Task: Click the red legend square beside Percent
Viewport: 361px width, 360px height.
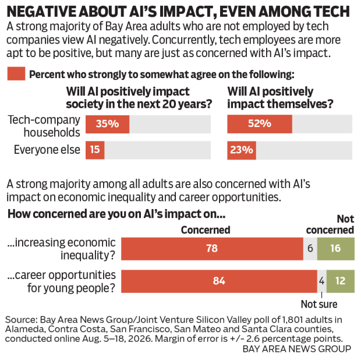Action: click(16, 74)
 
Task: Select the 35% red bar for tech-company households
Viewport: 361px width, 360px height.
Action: click(108, 124)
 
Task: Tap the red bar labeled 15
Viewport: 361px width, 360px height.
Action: click(95, 150)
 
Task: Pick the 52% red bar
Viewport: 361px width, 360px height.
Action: click(260, 124)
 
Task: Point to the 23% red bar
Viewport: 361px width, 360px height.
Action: click(242, 150)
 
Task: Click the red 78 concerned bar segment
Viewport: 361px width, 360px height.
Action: click(212, 249)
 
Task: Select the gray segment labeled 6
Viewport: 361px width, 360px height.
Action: click(310, 249)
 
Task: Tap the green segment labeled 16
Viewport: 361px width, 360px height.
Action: click(336, 249)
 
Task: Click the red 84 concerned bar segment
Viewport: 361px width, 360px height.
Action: click(219, 281)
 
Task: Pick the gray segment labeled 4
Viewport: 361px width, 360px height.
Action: click(322, 281)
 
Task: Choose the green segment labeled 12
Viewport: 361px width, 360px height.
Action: click(341, 281)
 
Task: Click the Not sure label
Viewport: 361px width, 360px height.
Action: click(319, 304)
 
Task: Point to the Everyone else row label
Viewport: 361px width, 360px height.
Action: click(47, 150)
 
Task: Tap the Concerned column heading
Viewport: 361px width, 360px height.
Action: click(206, 230)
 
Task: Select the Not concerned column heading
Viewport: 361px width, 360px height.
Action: click(330, 224)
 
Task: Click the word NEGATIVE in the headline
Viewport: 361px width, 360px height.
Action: click(41, 12)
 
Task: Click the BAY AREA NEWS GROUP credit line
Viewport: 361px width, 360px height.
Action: click(297, 349)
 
